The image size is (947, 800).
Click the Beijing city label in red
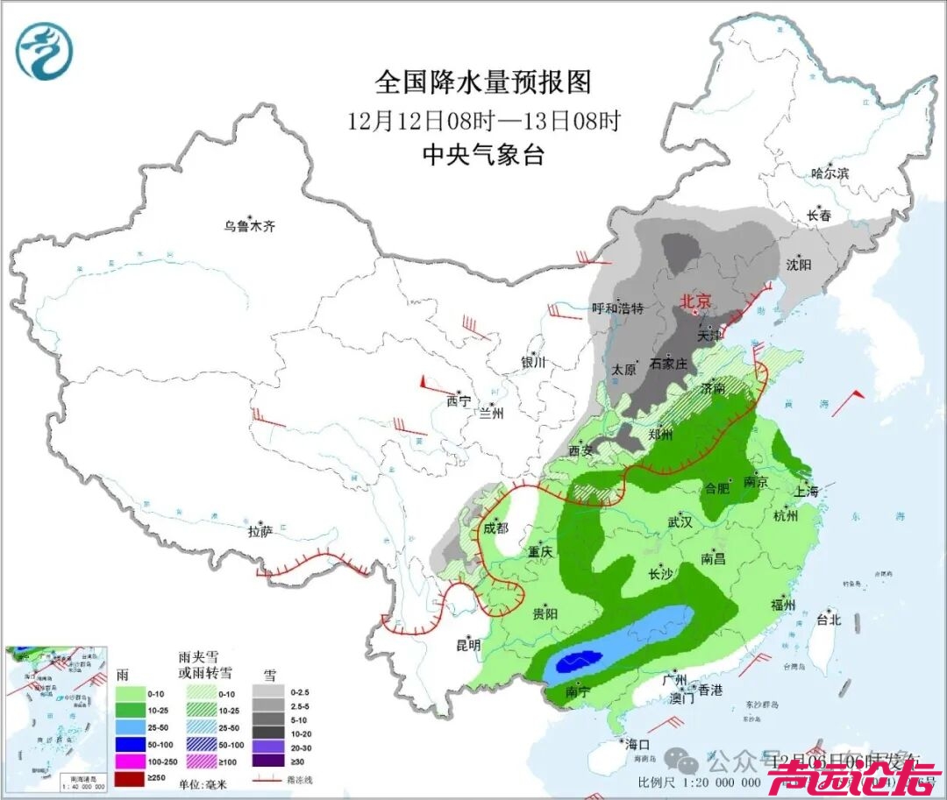coord(696,301)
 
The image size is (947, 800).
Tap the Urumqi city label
coord(249,226)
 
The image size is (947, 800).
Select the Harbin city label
coord(830,173)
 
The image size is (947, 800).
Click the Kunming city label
coord(467,645)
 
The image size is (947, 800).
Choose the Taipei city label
coord(828,619)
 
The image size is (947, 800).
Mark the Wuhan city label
coord(680,522)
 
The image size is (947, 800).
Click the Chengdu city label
coord(495,527)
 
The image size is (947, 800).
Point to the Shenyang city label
coord(799,265)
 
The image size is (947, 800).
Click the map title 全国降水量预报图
coord(483,82)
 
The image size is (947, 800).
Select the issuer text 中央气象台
coord(483,155)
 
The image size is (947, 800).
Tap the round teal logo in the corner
coord(44,51)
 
